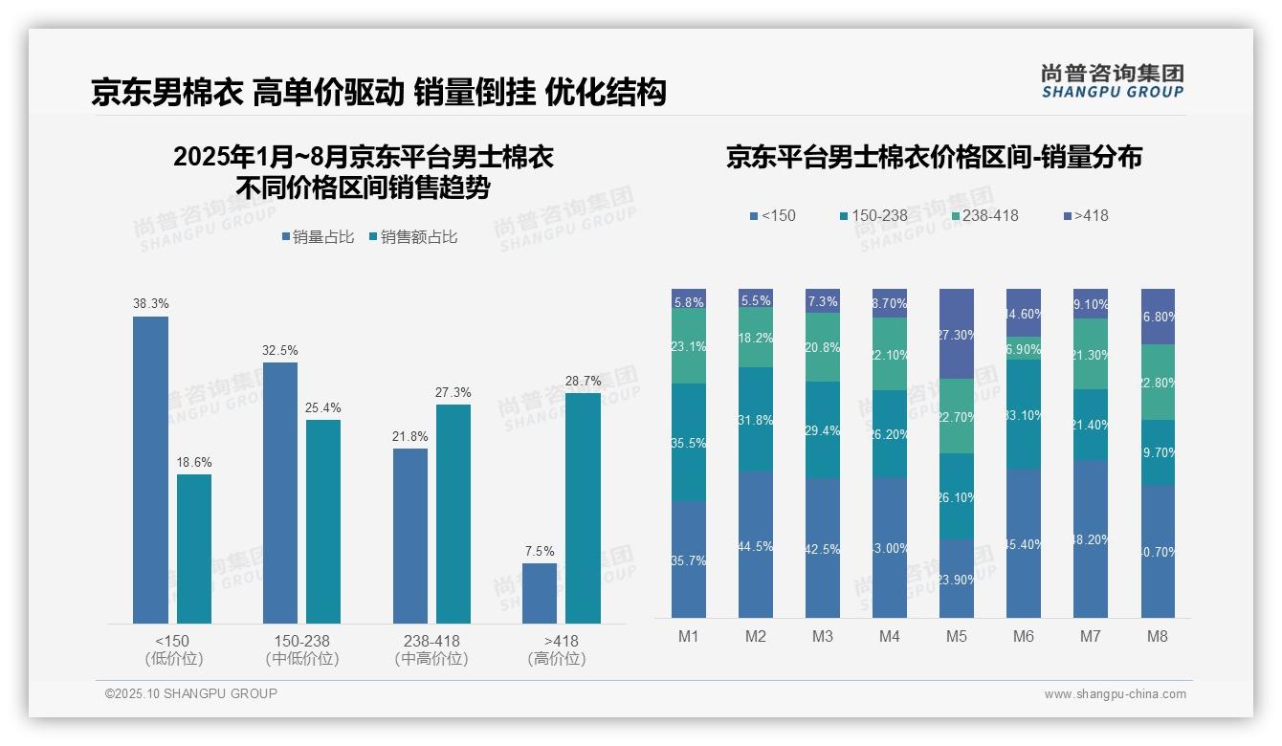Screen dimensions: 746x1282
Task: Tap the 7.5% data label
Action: point(540,551)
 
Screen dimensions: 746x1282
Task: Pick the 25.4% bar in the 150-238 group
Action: point(323,521)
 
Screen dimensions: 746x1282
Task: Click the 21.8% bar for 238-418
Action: point(410,536)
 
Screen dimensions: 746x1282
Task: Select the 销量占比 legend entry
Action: point(320,237)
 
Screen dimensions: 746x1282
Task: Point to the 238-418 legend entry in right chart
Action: point(983,215)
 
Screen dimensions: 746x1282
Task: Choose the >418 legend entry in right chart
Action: point(1085,215)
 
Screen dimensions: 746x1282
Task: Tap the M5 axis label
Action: point(957,636)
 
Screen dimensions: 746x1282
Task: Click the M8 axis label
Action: point(1157,636)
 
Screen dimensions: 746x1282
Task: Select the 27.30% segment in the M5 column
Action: point(957,334)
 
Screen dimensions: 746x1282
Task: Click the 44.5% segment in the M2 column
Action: point(756,544)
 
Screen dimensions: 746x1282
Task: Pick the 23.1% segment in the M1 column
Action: point(689,346)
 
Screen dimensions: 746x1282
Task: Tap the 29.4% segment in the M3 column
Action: point(823,429)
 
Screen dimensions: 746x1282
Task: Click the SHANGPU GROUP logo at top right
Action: point(1112,81)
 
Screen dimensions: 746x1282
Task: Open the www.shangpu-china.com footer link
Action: point(1115,694)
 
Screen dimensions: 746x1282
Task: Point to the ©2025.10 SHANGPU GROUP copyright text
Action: point(191,693)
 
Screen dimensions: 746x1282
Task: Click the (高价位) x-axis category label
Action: point(556,659)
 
